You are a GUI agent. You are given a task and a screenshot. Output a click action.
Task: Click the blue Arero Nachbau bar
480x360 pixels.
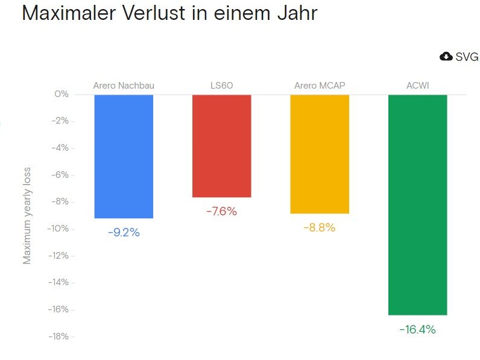[124, 156]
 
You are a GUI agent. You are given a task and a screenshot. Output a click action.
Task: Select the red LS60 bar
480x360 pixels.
[221, 146]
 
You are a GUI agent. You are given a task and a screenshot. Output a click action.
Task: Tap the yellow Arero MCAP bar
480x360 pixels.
[320, 154]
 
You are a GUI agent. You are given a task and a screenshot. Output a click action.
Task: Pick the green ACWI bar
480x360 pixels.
[417, 204]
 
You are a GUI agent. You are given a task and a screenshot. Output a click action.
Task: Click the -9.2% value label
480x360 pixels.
[124, 232]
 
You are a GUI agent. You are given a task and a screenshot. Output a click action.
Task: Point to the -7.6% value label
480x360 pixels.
[221, 211]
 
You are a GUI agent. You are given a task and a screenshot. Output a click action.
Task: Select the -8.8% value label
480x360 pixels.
[320, 227]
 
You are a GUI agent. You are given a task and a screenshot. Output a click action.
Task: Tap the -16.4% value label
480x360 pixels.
[417, 329]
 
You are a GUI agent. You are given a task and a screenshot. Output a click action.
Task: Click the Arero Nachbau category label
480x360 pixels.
[124, 86]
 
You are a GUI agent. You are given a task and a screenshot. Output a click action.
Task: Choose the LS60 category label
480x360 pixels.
[221, 86]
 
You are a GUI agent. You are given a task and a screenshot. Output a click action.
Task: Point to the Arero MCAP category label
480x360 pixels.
[320, 86]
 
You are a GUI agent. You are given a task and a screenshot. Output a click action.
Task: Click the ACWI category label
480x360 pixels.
[417, 86]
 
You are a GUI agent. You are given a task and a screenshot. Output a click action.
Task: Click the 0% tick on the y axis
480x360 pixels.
[62, 95]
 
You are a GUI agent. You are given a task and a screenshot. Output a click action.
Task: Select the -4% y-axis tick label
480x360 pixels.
[60, 148]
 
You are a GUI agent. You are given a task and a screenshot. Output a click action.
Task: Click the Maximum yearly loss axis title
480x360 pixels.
[27, 215]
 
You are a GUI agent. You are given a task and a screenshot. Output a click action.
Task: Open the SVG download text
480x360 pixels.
[467, 57]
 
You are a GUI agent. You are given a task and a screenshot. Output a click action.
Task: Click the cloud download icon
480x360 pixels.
[446, 57]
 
